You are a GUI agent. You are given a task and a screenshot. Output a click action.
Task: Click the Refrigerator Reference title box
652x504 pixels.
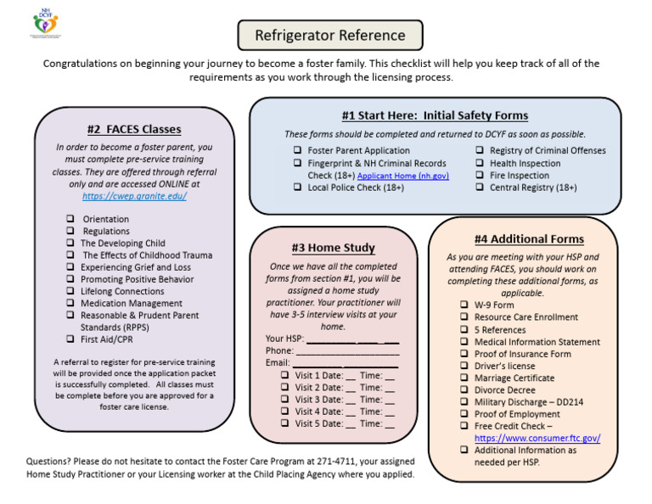pyautogui.click(x=331, y=36)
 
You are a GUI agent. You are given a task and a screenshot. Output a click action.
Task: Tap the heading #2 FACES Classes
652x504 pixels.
pyautogui.click(x=134, y=130)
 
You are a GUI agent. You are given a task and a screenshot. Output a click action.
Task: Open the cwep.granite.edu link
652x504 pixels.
pyautogui.click(x=134, y=196)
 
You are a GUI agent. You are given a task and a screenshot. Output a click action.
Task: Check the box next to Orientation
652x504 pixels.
pyautogui.click(x=70, y=219)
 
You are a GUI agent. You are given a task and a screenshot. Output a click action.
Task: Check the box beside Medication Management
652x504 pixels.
pyautogui.click(x=70, y=303)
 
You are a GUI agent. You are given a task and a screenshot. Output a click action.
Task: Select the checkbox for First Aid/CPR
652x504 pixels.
pyautogui.click(x=70, y=339)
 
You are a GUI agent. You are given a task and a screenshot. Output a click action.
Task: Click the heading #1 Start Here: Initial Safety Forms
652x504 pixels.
pyautogui.click(x=435, y=115)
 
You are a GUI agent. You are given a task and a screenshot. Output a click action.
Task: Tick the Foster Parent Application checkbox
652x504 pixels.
pyautogui.click(x=298, y=151)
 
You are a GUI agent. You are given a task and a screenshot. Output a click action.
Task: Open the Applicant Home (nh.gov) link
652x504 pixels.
pyautogui.click(x=403, y=176)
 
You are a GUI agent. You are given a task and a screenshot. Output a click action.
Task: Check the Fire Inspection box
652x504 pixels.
pyautogui.click(x=481, y=176)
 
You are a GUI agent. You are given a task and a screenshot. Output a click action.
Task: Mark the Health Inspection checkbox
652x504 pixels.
pyautogui.click(x=481, y=164)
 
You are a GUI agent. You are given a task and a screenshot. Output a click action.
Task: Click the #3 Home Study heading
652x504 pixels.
pyautogui.click(x=333, y=248)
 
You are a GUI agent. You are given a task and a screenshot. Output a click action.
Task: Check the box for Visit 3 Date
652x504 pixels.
pyautogui.click(x=285, y=400)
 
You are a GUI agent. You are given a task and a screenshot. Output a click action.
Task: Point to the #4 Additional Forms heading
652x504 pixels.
pyautogui.click(x=529, y=239)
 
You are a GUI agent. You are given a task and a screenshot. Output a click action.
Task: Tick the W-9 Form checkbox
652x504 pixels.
pyautogui.click(x=464, y=305)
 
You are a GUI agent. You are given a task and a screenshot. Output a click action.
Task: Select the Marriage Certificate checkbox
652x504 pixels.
pyautogui.click(x=464, y=378)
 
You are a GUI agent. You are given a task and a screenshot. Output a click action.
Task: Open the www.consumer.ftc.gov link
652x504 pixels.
pyautogui.click(x=537, y=438)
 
